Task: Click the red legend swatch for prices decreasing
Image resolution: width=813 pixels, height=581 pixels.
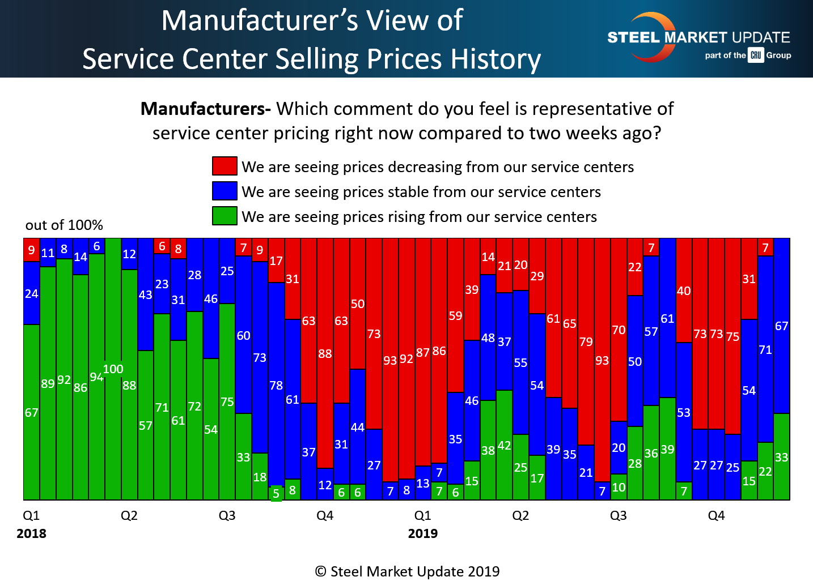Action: (x=225, y=166)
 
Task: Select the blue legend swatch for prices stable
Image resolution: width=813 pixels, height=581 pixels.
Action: (x=225, y=191)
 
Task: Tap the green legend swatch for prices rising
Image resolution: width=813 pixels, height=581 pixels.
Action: (x=225, y=216)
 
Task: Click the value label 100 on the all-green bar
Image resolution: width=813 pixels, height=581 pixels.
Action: (x=113, y=369)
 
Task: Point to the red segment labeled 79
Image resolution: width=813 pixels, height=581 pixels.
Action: (x=586, y=341)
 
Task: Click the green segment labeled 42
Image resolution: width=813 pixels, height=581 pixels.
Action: (x=504, y=445)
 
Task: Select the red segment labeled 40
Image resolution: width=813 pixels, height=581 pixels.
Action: (x=684, y=290)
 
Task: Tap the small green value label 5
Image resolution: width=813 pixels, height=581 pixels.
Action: (x=276, y=493)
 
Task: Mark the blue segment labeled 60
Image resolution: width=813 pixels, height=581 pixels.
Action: (x=243, y=335)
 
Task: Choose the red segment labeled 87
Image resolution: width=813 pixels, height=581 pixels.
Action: (x=423, y=352)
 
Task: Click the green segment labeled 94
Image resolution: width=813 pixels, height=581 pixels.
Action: (x=96, y=377)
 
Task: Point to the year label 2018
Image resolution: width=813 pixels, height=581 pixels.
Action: (x=32, y=533)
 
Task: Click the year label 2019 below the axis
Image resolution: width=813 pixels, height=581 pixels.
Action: (x=423, y=533)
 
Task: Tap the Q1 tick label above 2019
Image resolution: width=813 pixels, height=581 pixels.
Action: (x=423, y=515)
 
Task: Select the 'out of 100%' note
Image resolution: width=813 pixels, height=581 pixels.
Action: (x=64, y=225)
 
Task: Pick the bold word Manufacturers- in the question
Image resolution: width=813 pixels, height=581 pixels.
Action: (x=205, y=109)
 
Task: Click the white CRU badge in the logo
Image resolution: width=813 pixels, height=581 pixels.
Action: (x=756, y=55)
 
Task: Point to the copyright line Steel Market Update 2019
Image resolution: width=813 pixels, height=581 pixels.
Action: (x=407, y=571)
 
